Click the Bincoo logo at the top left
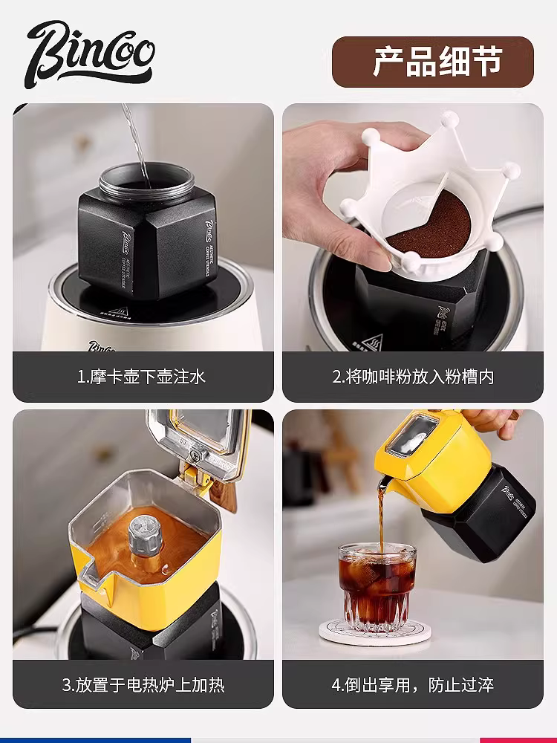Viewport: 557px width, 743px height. pos(90,52)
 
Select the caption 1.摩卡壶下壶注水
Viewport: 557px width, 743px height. pos(141,377)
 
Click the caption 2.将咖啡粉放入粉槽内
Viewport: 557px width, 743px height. pos(412,377)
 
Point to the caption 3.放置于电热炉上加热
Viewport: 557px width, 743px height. pos(141,684)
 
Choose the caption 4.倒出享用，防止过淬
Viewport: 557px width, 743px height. pos(412,684)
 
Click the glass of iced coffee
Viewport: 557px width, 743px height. pos(377,587)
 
